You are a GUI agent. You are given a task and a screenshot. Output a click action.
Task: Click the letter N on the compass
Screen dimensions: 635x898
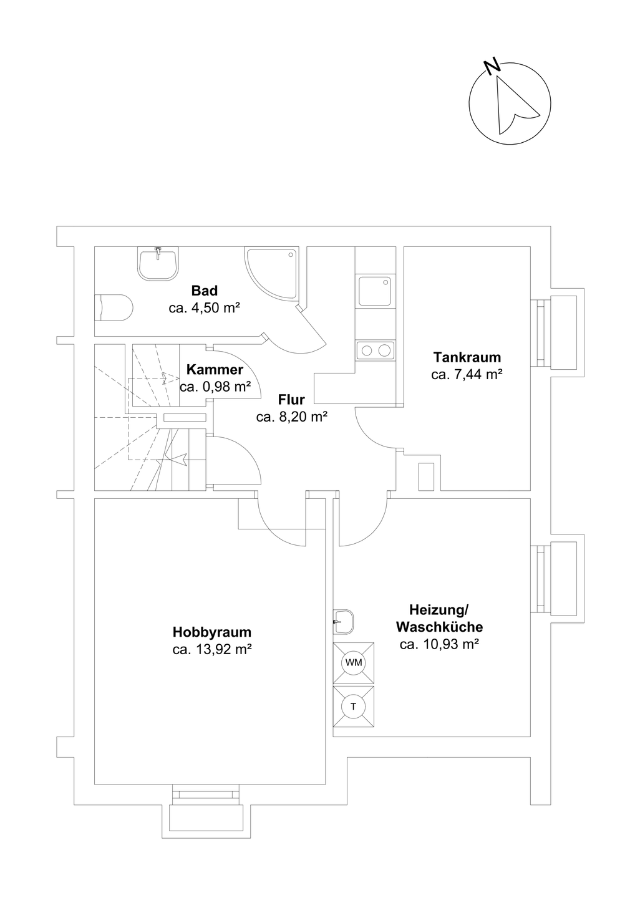tap(492, 65)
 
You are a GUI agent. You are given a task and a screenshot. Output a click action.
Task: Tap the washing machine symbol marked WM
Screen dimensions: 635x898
tap(354, 662)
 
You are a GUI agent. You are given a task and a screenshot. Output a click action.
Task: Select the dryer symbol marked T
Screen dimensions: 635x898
tap(354, 707)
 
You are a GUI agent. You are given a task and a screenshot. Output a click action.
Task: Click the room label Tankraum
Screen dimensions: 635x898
tap(467, 358)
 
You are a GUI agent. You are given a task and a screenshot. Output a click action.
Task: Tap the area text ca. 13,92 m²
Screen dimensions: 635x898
tap(212, 650)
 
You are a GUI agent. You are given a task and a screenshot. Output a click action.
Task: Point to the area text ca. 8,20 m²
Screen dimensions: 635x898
tap(292, 418)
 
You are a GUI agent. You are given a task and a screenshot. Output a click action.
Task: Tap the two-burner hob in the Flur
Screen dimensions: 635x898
tap(376, 350)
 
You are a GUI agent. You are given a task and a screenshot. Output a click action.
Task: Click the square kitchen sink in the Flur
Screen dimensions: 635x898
tap(375, 291)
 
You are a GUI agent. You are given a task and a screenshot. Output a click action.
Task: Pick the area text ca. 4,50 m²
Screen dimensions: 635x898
tap(205, 308)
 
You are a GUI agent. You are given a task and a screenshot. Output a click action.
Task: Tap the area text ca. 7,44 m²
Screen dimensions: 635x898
tap(467, 375)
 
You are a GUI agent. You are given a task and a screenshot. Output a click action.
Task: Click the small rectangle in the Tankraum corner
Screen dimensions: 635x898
tap(426, 476)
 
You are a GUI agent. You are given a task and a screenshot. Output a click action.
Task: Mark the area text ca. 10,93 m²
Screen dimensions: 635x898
tap(439, 645)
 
